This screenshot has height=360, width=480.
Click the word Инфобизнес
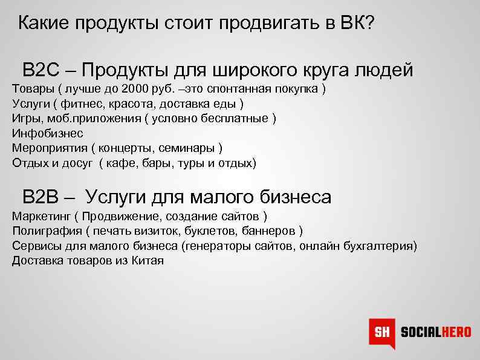coord(47,134)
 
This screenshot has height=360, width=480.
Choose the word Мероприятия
coord(49,148)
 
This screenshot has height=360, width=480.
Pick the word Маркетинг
coord(41,216)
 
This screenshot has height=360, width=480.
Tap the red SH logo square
coord(381,332)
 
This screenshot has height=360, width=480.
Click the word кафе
coord(119,163)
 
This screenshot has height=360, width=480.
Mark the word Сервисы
coord(35,246)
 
